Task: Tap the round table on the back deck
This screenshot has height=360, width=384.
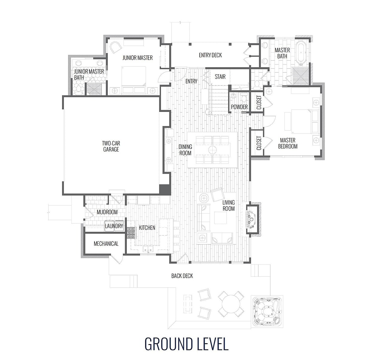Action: pos(231,304)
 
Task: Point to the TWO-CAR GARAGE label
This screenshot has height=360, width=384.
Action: pos(111,146)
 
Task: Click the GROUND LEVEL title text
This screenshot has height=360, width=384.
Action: pos(186,344)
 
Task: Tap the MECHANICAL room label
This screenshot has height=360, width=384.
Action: pos(106,244)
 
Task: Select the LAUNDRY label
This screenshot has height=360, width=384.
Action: pos(114,226)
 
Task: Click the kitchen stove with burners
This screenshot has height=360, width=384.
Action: pos(131,233)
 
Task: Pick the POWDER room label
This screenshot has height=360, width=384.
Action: pos(239,107)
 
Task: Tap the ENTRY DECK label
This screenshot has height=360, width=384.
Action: pos(210,55)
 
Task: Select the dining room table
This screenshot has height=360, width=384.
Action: pos(213,149)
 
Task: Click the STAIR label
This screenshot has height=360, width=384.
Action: pos(220,77)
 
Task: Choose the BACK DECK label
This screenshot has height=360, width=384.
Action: pos(182,276)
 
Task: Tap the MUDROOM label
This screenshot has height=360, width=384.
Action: pos(107,212)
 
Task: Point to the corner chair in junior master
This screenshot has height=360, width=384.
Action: pos(115,48)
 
